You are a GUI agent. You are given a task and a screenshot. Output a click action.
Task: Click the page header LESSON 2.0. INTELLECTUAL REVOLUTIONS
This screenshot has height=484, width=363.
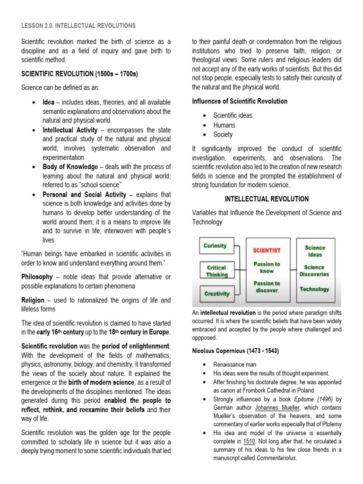(78, 26)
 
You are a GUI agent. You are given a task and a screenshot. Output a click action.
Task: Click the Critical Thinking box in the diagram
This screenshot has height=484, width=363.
(216, 271)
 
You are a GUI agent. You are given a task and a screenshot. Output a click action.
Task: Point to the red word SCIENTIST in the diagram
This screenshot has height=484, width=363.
(267, 250)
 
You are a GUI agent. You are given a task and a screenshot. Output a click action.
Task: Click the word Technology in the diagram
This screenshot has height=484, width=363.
(314, 289)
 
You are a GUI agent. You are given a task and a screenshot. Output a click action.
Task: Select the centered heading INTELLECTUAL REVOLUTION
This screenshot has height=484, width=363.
(267, 199)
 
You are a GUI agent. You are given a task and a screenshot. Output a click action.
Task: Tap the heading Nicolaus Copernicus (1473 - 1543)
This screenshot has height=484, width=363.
(235, 351)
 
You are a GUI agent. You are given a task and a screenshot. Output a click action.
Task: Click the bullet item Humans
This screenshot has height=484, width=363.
(224, 125)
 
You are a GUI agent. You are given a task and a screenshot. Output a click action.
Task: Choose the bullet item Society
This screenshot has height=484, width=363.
(223, 135)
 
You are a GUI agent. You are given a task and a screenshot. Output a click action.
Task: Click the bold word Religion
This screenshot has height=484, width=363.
(34, 300)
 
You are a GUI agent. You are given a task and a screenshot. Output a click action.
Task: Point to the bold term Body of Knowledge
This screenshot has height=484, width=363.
(70, 167)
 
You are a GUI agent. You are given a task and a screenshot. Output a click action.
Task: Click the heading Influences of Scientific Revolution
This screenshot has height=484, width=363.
(240, 101)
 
